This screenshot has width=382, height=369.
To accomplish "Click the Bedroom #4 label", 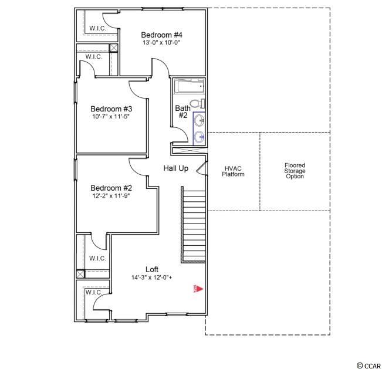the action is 161,35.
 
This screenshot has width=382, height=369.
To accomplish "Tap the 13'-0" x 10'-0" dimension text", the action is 161,43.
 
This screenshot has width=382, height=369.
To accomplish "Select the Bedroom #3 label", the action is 111,109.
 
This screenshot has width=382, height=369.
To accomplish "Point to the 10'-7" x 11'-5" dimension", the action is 111,116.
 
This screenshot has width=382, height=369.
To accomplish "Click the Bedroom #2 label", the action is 111,188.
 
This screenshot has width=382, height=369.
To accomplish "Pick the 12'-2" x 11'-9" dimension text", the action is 111,196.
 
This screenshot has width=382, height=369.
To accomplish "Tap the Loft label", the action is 152,269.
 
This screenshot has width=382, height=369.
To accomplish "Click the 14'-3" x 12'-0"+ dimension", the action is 152,277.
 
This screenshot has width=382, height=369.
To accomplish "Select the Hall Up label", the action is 175,168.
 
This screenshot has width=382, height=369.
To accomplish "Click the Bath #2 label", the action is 182,111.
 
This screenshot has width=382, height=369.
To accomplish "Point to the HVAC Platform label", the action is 233,171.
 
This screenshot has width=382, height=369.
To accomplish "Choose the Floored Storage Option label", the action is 295,171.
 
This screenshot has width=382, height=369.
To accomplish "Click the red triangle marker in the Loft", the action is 200,289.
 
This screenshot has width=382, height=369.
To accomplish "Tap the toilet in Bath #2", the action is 197,103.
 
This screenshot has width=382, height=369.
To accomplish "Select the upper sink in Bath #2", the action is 200,120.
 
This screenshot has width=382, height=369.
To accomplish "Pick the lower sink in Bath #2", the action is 200,137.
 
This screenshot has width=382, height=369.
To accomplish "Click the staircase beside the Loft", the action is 193,225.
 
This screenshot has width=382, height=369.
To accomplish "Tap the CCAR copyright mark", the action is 369,365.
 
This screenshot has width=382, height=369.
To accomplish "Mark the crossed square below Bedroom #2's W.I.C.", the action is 80,274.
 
